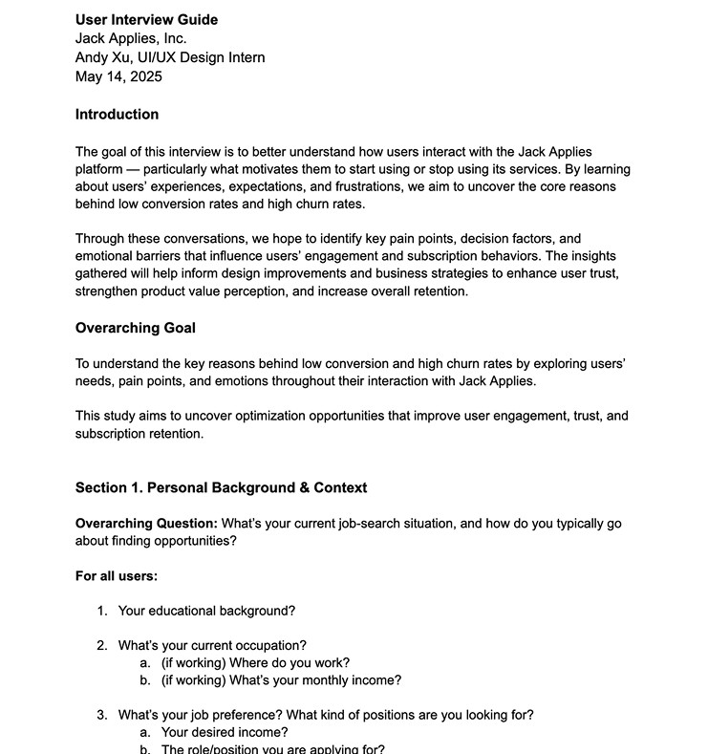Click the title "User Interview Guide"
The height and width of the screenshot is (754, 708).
[x=146, y=20]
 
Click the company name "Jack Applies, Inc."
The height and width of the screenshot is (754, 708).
[x=131, y=39]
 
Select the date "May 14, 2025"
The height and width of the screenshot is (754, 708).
[x=118, y=77]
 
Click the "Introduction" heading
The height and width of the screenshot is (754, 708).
[x=117, y=115]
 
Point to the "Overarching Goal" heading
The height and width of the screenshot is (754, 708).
[x=135, y=329]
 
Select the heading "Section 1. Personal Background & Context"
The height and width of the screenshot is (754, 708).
[x=221, y=488]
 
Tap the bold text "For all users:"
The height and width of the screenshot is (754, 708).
[x=117, y=576]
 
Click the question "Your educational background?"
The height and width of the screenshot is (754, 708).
[x=206, y=612]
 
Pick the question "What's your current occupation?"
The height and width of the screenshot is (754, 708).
[x=212, y=646]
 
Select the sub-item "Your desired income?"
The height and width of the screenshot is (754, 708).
[x=225, y=733]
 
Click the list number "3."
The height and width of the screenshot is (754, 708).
[x=101, y=715]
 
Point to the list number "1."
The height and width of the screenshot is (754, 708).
[x=101, y=612]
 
